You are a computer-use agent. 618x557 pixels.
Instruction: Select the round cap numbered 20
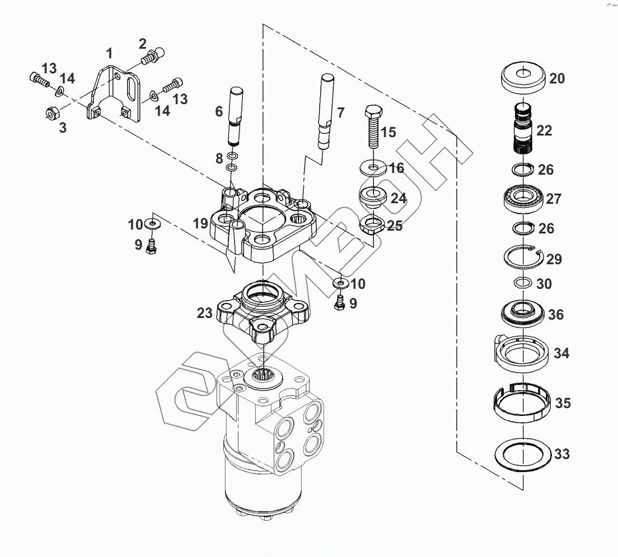523,78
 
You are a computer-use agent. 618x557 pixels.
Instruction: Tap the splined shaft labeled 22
524,129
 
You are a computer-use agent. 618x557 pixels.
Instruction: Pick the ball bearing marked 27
524,198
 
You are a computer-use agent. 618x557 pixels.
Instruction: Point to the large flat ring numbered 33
523,455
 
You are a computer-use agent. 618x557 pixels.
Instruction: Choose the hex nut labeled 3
52,113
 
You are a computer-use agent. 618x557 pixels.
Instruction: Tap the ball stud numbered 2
153,56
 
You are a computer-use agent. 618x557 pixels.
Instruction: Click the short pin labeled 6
235,116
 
